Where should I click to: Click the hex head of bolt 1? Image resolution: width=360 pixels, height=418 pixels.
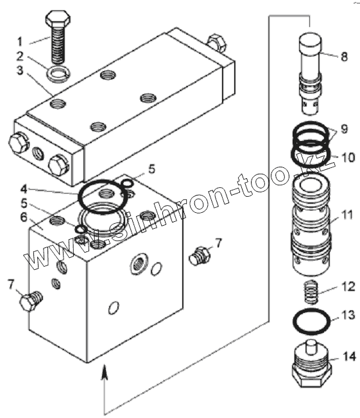[x=58, y=17]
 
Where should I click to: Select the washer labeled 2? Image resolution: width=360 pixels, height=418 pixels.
[x=58, y=74]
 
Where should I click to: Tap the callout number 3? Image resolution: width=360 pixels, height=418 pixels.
[x=20, y=70]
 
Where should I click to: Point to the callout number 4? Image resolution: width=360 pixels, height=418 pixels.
[x=24, y=189]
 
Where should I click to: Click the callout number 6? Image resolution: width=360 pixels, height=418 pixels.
[x=24, y=217]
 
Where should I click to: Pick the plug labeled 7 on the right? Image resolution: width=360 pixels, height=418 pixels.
[x=200, y=255]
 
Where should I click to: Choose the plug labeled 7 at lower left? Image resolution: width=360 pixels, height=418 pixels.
[x=31, y=301]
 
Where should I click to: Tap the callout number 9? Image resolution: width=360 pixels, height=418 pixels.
[x=344, y=128]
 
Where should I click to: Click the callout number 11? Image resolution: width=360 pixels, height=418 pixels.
[x=347, y=215]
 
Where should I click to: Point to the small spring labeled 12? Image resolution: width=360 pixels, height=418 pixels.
[x=312, y=292]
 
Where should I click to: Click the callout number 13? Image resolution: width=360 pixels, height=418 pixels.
[x=348, y=315]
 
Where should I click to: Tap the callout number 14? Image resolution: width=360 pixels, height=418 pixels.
[x=348, y=356]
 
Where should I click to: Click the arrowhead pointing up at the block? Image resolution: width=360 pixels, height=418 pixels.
[x=105, y=371]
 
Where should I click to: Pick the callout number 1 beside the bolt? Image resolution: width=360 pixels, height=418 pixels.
[x=20, y=42]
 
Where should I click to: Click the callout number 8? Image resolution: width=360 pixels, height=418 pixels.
[x=344, y=56]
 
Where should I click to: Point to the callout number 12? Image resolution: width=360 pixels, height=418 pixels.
[x=348, y=287]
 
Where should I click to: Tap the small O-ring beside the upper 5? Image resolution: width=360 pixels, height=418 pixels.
[x=127, y=183]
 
